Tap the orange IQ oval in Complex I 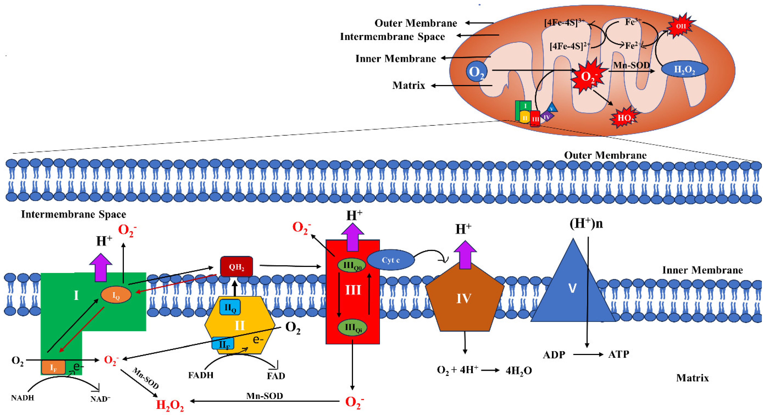(x=116, y=295)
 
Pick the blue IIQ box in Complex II (x=230, y=307)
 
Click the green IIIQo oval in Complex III (x=352, y=265)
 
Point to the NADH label (x=23, y=398)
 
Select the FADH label (x=201, y=375)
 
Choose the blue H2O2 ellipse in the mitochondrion (x=684, y=69)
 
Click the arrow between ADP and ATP (x=588, y=354)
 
